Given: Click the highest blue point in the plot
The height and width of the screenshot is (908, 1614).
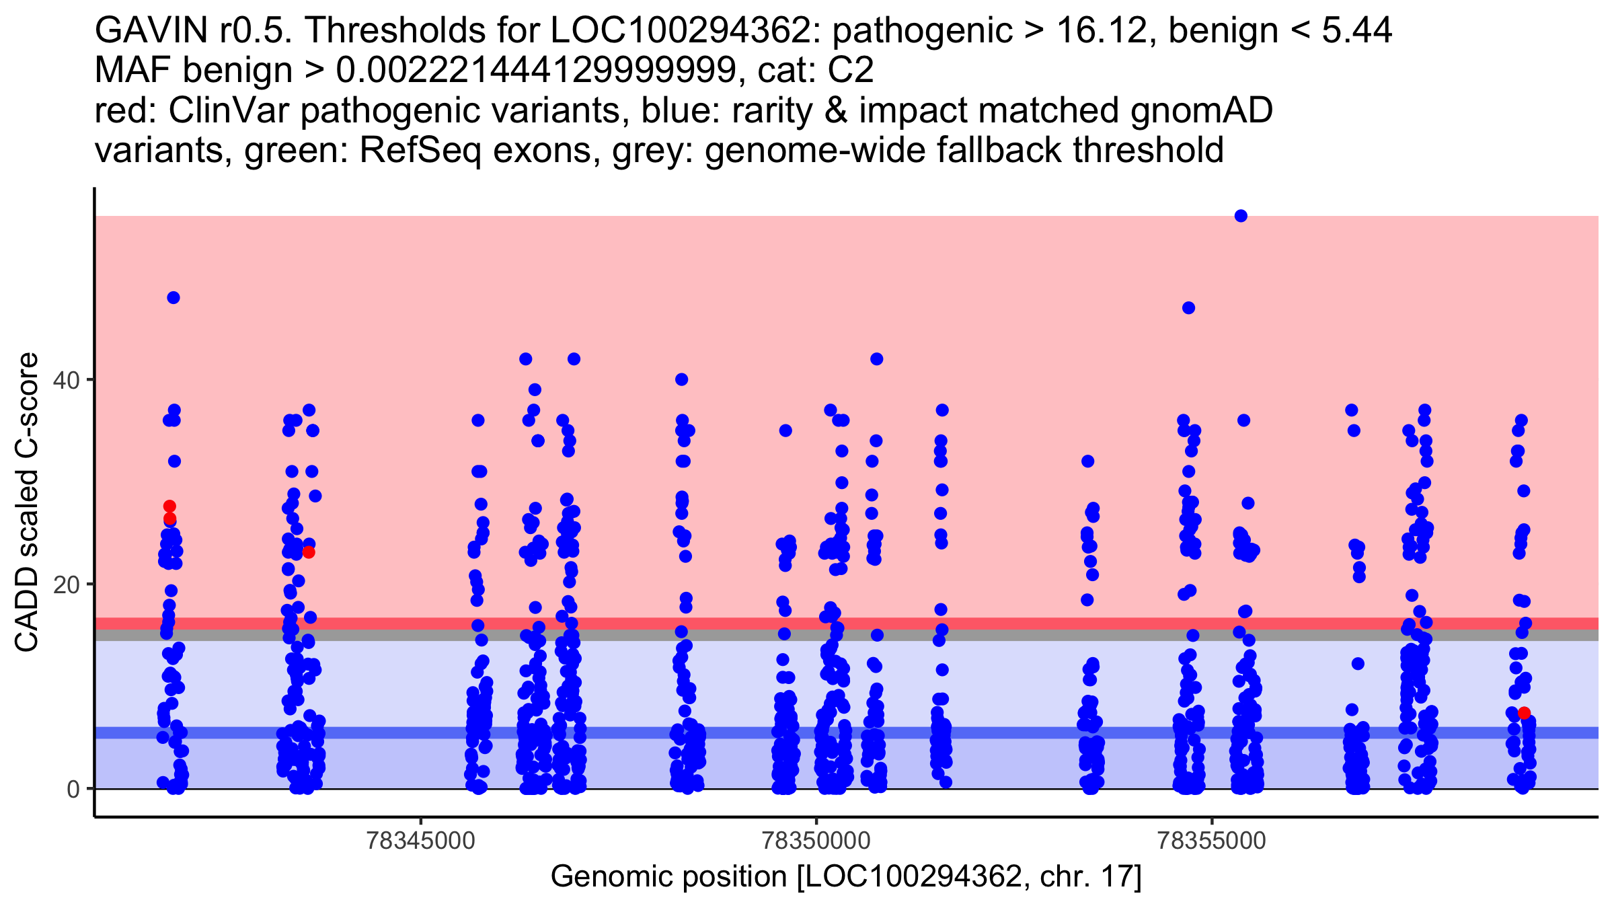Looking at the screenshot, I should (x=1241, y=216).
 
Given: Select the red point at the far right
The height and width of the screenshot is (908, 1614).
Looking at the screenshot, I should (x=1524, y=713).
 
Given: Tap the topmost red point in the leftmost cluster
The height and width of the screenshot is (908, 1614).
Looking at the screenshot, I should (x=169, y=506).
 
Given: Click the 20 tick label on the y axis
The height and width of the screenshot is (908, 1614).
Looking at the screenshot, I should (x=66, y=584).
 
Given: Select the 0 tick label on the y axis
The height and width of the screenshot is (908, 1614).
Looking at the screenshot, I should (x=73, y=789).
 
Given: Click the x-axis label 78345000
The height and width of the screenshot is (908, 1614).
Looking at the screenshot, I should (x=420, y=841).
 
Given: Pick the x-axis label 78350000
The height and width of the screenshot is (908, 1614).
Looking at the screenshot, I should (x=816, y=841).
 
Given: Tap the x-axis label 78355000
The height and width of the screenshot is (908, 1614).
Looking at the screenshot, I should (x=1212, y=841).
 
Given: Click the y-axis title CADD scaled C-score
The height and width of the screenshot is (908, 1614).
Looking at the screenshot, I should (x=27, y=502).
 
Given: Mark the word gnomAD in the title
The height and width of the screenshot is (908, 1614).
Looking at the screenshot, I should (x=1202, y=110).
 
